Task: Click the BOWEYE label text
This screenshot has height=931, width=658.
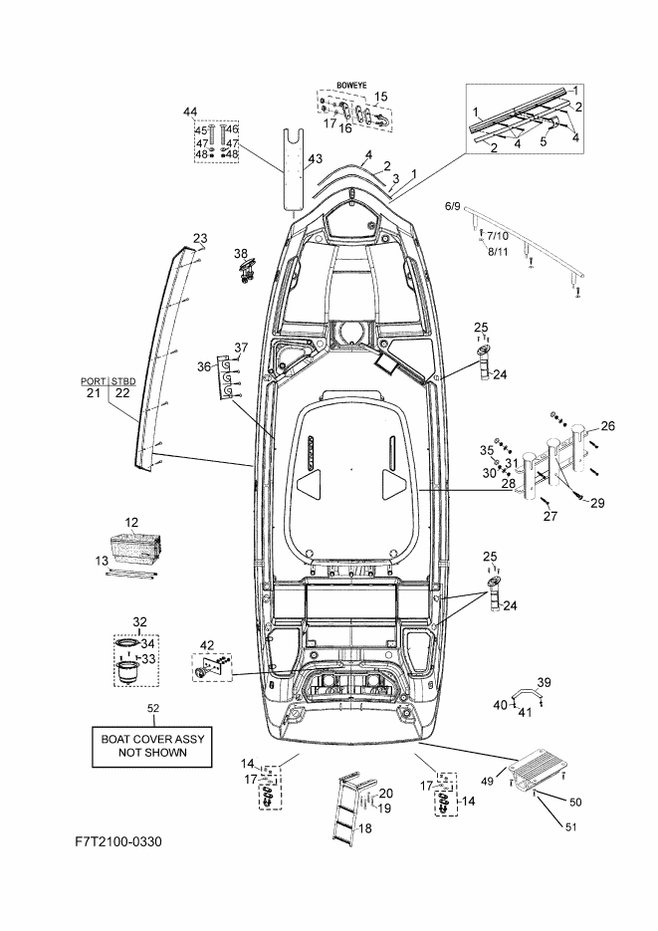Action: [x=351, y=86]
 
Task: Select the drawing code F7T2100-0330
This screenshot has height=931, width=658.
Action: [x=118, y=841]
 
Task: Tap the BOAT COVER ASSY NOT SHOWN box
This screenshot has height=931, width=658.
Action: [x=152, y=746]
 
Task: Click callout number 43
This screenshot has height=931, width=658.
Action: [x=315, y=159]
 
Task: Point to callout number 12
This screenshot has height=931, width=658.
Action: [x=131, y=523]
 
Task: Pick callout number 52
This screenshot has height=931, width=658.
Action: [x=153, y=708]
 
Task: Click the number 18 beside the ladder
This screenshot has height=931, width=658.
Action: [x=365, y=827]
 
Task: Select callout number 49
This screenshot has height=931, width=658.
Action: [x=487, y=782]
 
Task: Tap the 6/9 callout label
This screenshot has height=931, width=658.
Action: [x=452, y=207]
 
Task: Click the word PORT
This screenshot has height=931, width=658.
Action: [x=94, y=380]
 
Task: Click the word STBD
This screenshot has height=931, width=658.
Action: [x=123, y=380]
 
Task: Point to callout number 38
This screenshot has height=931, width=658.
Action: [x=240, y=254]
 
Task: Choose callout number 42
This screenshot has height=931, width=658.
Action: [x=207, y=645]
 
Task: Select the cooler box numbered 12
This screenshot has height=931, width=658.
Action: [x=136, y=548]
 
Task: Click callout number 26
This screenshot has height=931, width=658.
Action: [x=607, y=426]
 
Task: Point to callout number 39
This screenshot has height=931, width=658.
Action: [x=545, y=682]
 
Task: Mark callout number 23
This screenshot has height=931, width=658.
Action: [x=200, y=238]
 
